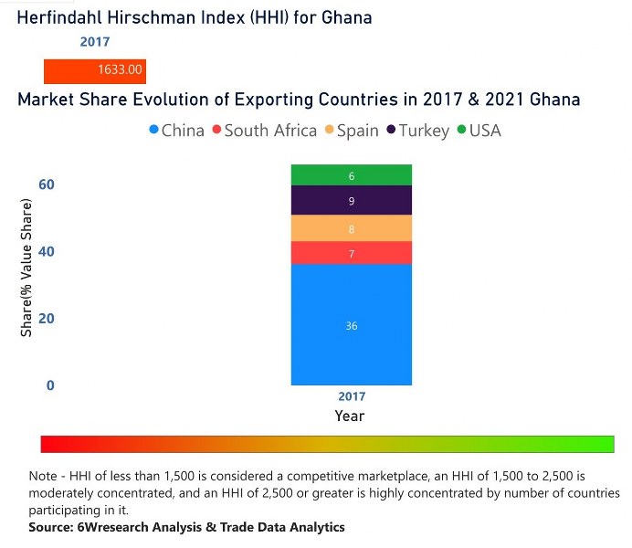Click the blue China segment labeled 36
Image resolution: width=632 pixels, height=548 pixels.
click(x=352, y=325)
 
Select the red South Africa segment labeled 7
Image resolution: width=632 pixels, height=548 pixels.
click(x=352, y=253)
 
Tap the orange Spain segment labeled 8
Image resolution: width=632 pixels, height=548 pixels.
click(x=352, y=228)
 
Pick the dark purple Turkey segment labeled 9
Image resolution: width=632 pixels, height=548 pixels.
click(x=352, y=200)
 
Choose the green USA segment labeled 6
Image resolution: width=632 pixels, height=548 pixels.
click(x=352, y=175)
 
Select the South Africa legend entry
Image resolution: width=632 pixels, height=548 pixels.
click(x=264, y=131)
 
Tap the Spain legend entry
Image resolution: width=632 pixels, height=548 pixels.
click(x=351, y=131)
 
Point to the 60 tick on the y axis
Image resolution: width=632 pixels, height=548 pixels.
click(x=46, y=184)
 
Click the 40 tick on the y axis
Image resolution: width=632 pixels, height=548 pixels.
click(x=46, y=251)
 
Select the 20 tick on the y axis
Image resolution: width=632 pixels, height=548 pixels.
click(x=46, y=318)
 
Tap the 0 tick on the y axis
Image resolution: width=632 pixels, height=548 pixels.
click(x=50, y=385)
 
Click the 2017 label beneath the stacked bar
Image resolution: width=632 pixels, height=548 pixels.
click(x=352, y=396)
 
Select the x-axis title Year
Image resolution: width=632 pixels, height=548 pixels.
click(x=350, y=416)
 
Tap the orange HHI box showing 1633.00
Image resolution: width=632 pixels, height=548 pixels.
click(x=95, y=70)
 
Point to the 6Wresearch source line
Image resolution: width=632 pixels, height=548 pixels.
click(x=187, y=527)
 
